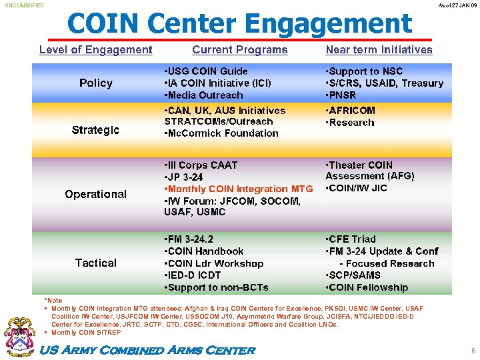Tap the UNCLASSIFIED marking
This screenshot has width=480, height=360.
25,5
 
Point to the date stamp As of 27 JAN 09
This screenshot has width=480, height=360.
458,5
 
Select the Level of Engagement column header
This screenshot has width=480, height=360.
96,50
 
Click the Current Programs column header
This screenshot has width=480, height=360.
240,50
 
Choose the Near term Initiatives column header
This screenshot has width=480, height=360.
379,50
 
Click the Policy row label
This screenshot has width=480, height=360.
96,83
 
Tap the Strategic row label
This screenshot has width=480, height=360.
96,130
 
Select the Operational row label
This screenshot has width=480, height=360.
96,194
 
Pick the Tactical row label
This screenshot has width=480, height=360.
96,263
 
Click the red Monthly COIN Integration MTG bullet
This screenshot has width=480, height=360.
238,189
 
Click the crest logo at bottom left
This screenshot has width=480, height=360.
19,337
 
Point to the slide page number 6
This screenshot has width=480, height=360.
473,350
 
